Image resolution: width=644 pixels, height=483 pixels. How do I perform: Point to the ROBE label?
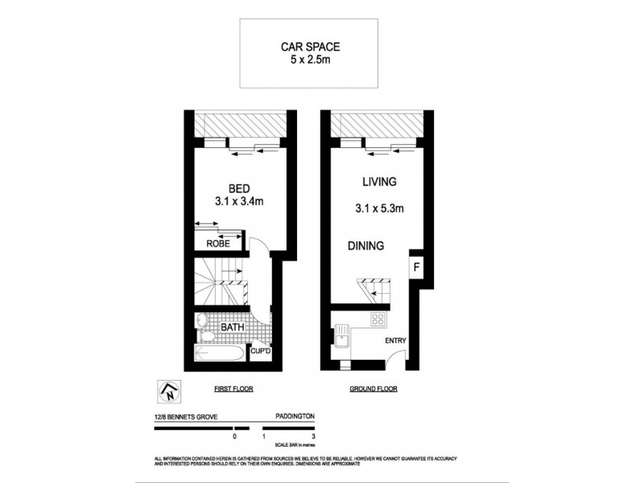tap(217, 242)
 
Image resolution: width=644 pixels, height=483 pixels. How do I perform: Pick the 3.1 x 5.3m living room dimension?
tap(379, 208)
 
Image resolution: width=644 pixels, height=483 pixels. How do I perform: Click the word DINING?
tap(365, 246)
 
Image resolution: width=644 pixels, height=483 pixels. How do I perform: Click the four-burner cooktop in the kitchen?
tap(378, 320)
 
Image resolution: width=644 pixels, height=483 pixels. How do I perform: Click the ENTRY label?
tap(395, 341)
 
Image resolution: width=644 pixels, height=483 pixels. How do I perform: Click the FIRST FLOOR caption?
tap(233, 389)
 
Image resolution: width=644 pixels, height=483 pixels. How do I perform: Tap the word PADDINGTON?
tap(291, 417)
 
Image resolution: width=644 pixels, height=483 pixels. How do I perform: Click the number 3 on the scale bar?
tap(313, 436)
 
